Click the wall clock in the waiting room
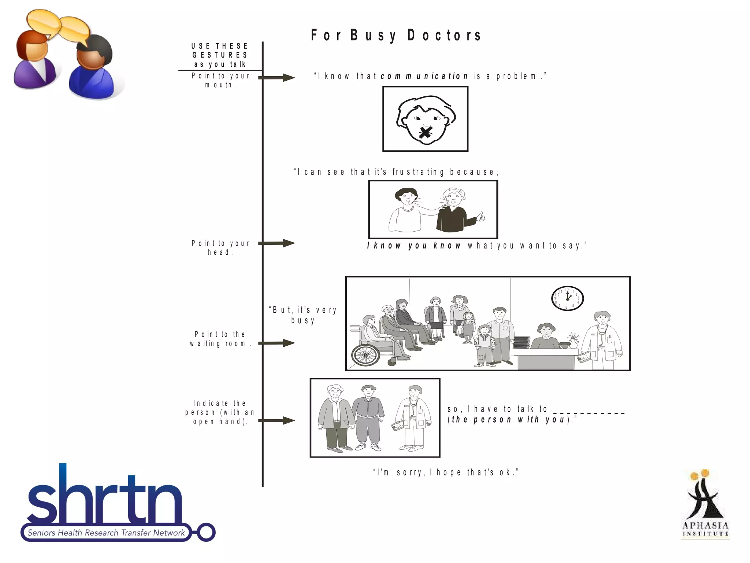click(x=567, y=298)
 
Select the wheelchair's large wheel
click(x=365, y=355)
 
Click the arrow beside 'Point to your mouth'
click(x=277, y=77)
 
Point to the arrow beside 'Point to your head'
click(x=277, y=243)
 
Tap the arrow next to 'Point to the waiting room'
click(x=277, y=343)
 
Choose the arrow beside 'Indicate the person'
click(x=277, y=420)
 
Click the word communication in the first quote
click(x=424, y=76)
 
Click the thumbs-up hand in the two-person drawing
click(x=480, y=217)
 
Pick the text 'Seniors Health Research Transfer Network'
click(x=106, y=533)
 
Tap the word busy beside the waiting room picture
click(x=303, y=320)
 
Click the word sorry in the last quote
click(x=410, y=472)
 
